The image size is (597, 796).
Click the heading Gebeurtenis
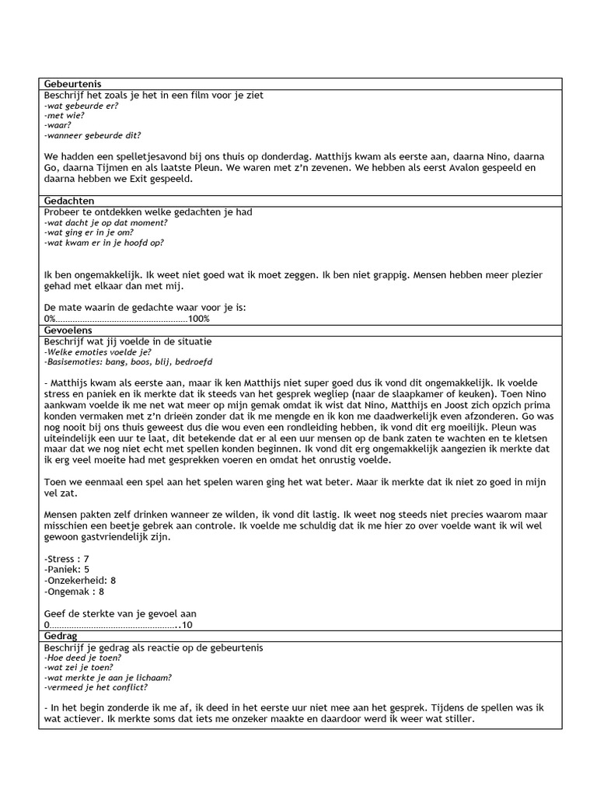coord(72,84)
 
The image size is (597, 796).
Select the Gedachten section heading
coord(69,201)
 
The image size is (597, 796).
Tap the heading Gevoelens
coord(68,330)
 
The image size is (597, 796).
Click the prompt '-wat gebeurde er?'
coord(76,106)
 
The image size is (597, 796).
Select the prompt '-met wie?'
coord(65,115)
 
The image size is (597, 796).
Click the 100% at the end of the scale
coord(199,319)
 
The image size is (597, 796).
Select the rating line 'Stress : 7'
coord(68,559)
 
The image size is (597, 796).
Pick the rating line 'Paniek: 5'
coord(68,569)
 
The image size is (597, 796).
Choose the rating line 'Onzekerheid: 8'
coord(79,580)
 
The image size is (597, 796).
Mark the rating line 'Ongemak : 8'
coord(75,591)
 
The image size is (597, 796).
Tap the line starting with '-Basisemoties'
coord(129,362)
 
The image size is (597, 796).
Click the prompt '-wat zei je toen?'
coord(79,667)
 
